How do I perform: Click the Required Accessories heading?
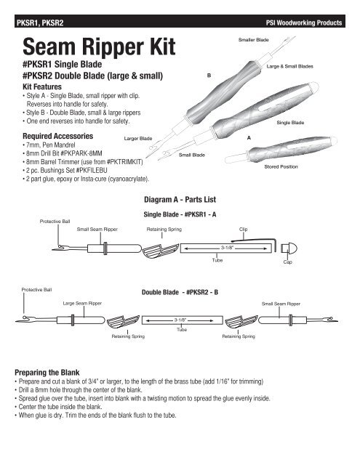click(63, 136)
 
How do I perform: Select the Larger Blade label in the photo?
click(137, 137)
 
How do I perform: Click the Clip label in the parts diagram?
click(244, 228)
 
